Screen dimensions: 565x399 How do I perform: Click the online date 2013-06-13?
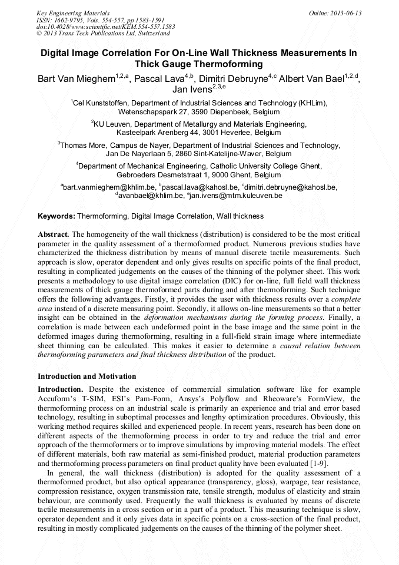(345, 13)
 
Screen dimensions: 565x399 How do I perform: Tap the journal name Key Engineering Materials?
(73, 13)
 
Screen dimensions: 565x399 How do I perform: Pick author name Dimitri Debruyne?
(233, 79)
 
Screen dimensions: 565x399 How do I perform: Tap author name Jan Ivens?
(187, 91)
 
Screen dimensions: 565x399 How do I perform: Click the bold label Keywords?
(56, 216)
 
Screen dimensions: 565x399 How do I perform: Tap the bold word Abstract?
(54, 234)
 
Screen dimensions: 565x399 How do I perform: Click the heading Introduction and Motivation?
(87, 376)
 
